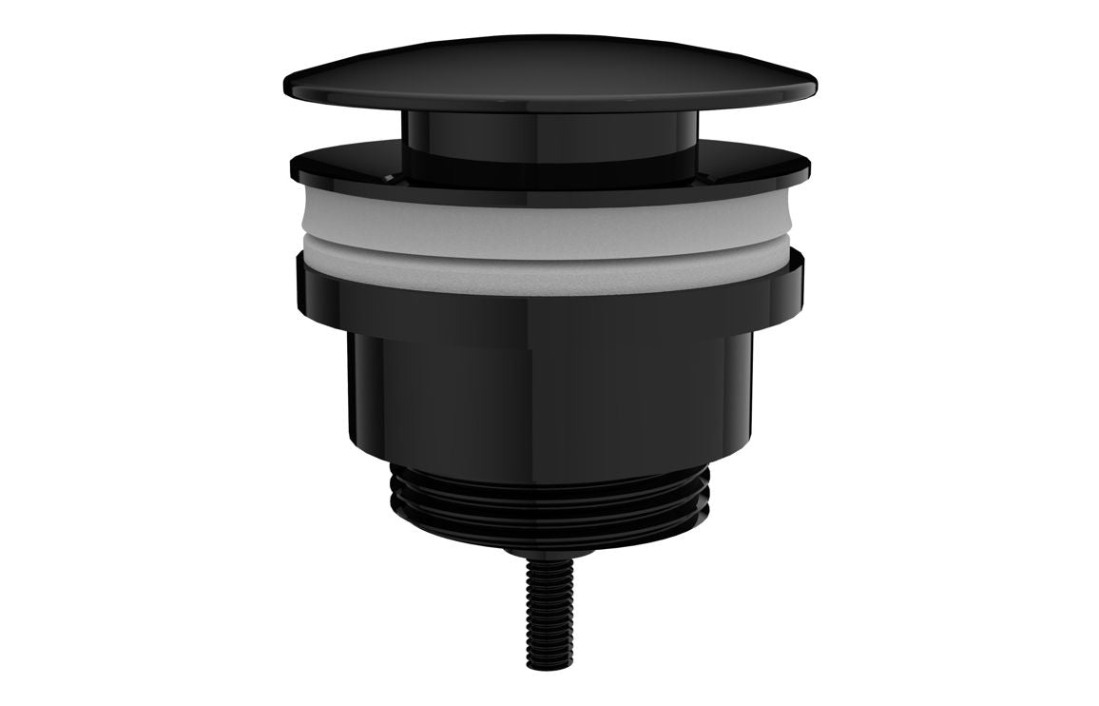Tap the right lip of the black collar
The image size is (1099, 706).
pyautogui.click(x=797, y=276)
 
